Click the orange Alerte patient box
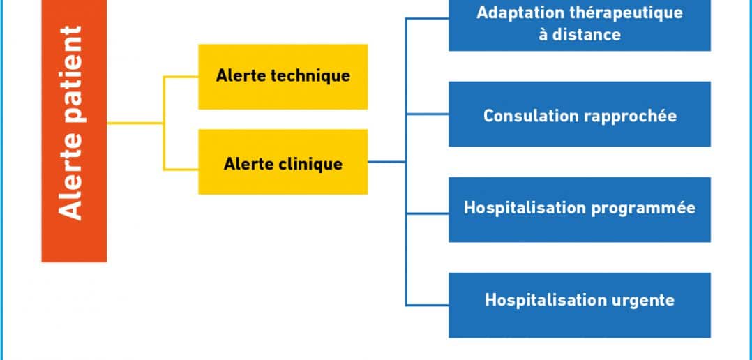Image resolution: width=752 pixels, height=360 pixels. click(x=75, y=131)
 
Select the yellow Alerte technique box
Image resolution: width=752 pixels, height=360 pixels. click(x=283, y=77)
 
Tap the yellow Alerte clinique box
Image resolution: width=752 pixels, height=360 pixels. click(x=283, y=162)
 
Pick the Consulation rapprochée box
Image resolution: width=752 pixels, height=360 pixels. click(x=579, y=114)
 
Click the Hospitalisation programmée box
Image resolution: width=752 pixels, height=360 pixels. click(x=579, y=209)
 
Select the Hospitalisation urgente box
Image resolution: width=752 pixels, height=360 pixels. click(x=579, y=305)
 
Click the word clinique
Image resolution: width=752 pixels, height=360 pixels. click(x=310, y=164)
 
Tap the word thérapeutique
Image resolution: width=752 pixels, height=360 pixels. click(x=626, y=13)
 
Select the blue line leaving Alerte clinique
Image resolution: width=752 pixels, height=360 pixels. click(x=386, y=162)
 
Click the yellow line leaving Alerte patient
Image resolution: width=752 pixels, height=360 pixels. click(x=135, y=123)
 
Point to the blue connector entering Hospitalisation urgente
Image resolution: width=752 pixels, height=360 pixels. click(x=428, y=305)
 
